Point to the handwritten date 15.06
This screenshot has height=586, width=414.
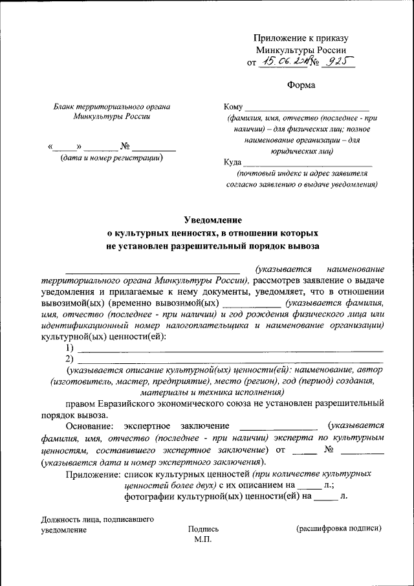273,62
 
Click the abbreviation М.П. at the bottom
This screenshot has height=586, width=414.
203,539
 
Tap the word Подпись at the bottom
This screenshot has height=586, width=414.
203,529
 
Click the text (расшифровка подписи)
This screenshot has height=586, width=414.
339,528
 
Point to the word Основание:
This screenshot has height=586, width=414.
89,425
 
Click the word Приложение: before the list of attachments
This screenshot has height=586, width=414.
93,474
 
